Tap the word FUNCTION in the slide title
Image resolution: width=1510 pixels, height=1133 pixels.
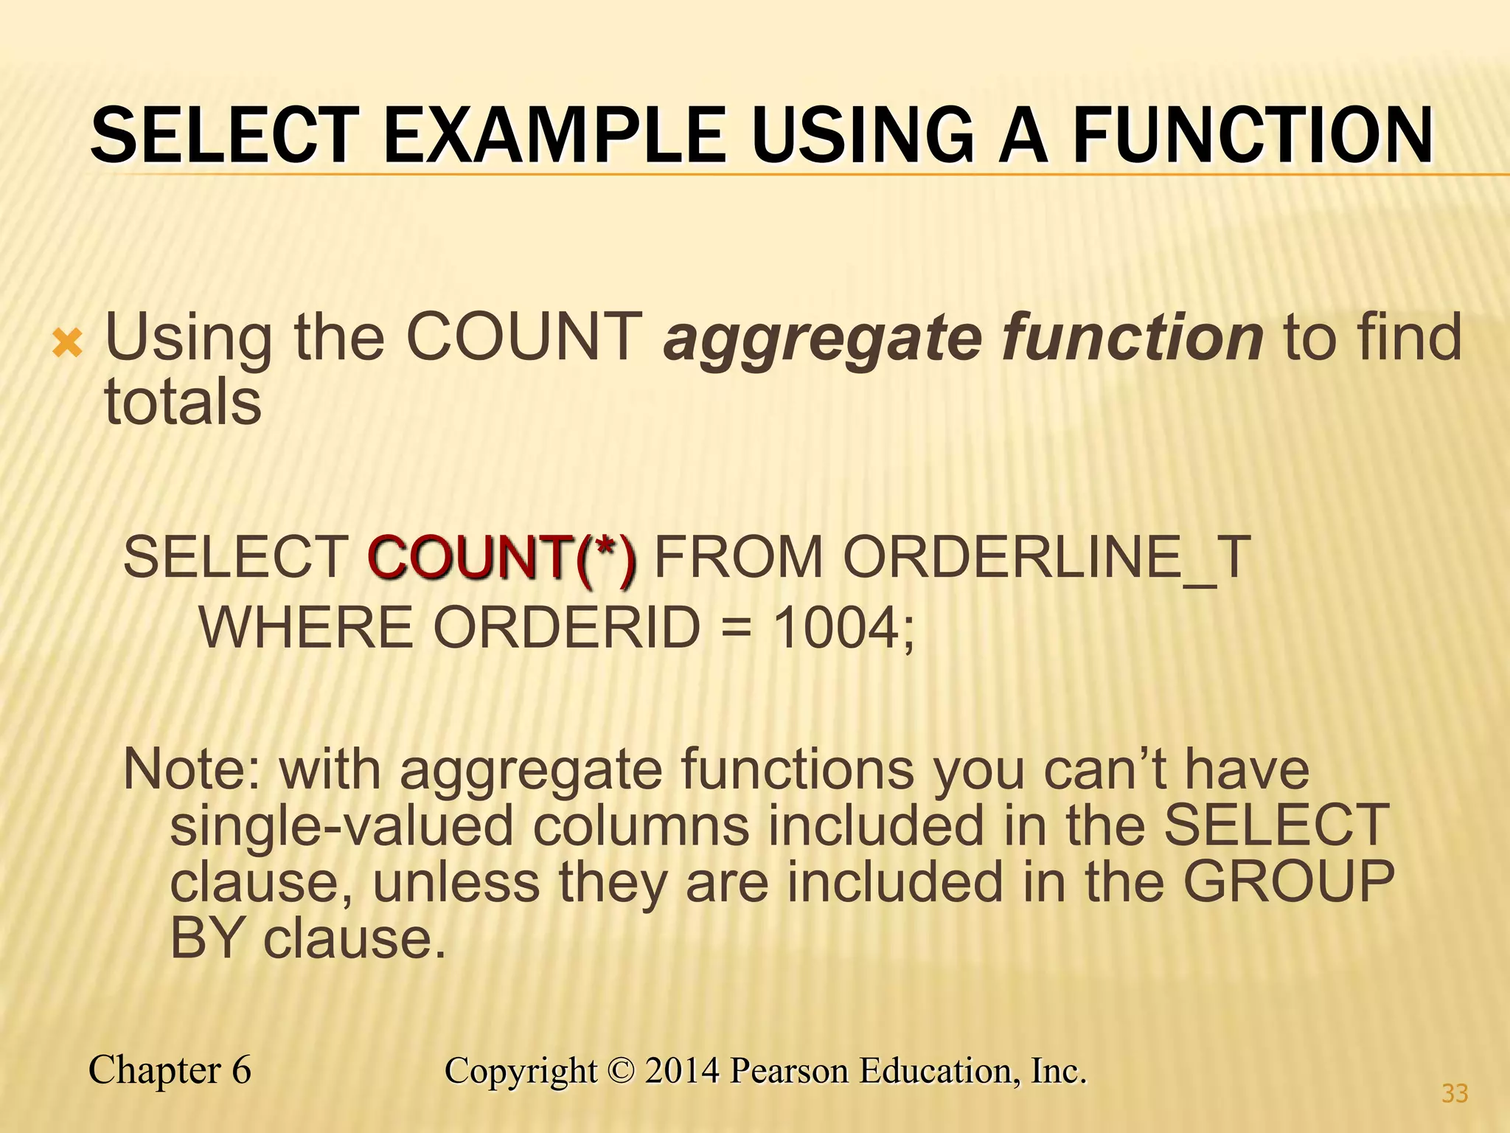tap(1253, 136)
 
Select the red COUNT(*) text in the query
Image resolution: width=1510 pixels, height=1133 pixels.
tap(501, 558)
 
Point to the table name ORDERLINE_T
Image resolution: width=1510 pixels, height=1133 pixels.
tap(1047, 558)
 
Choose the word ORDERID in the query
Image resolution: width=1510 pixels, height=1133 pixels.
tap(566, 628)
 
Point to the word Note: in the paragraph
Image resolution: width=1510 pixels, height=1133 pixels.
tap(192, 769)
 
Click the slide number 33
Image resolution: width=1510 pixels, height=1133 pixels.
tap(1455, 1093)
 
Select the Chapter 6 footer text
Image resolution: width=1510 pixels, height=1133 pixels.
tap(170, 1070)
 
